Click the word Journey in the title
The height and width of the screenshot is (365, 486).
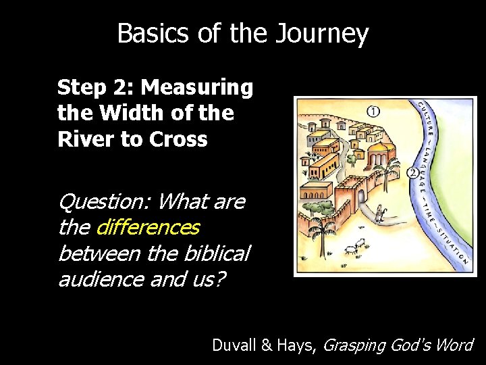tap(323, 34)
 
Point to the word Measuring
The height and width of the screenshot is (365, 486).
tap(197, 88)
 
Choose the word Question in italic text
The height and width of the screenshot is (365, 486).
tap(104, 201)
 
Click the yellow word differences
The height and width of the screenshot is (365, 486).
tap(148, 227)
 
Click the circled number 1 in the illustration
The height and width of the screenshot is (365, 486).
tap(373, 110)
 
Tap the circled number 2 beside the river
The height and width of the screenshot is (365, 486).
tap(412, 173)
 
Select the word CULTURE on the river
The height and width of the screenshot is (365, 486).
tap(426, 120)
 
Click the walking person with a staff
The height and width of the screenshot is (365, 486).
tap(379, 214)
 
